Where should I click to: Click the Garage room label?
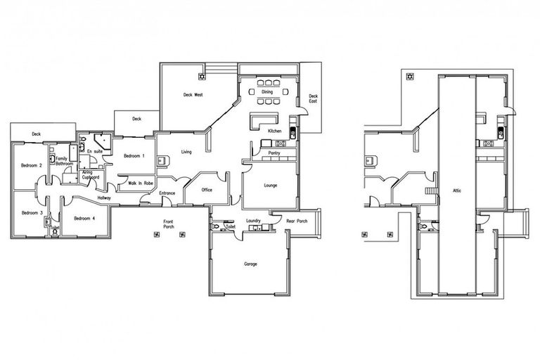(251, 264)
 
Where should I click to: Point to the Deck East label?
(313, 98)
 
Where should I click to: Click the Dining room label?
(267, 91)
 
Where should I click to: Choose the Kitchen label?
(274, 131)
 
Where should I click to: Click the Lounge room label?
(271, 186)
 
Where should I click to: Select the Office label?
(207, 190)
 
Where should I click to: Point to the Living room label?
(186, 151)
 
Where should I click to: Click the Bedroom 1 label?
(134, 155)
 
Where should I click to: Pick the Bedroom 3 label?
(32, 212)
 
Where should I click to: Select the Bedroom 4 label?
(84, 218)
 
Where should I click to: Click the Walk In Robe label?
(141, 183)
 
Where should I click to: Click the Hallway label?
(104, 198)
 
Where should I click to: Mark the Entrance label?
(167, 193)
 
